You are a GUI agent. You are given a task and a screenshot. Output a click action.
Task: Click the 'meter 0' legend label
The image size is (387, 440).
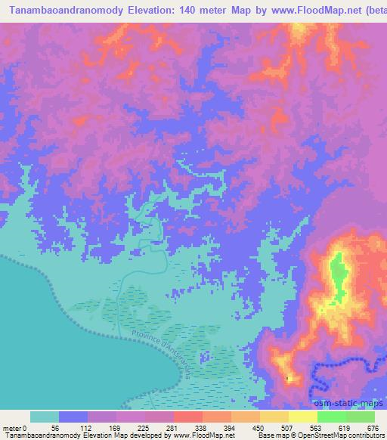15,427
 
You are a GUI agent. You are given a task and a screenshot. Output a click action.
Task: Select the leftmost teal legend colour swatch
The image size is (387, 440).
45,417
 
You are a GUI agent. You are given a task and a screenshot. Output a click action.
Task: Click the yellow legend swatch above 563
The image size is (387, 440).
303,417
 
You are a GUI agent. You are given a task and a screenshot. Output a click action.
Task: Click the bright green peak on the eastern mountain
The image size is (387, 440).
337,273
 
